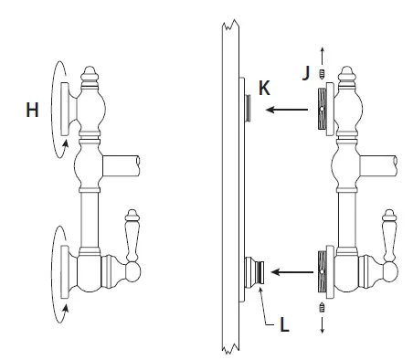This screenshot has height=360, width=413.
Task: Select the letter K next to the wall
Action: pyautogui.click(x=264, y=89)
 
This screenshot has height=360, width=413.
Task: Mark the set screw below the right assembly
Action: pyautogui.click(x=322, y=308)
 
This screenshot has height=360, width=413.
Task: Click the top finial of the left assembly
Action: pyautogui.click(x=90, y=76)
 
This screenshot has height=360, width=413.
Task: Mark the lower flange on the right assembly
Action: pyautogui.click(x=323, y=271)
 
